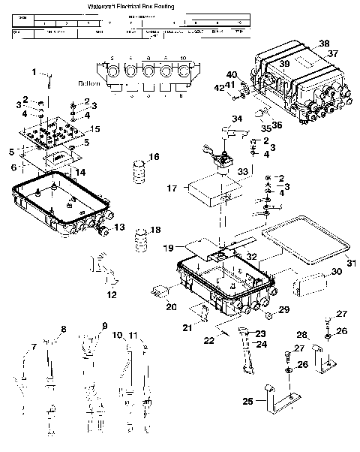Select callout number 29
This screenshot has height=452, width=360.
[284, 309]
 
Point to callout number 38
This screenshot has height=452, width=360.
[324, 44]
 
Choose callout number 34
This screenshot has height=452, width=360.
[236, 119]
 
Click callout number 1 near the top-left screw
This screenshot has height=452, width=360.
[34, 71]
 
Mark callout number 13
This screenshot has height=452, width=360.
[120, 228]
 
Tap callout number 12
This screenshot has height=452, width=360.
[112, 294]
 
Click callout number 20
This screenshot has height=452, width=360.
[171, 306]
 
